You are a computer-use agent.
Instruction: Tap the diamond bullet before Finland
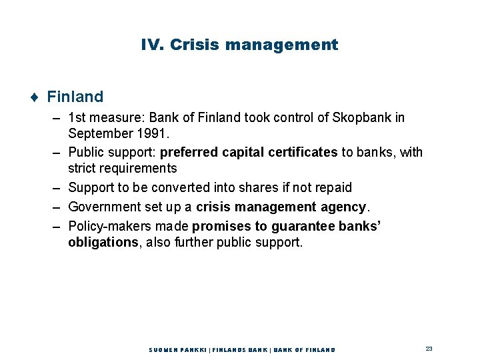point(33,97)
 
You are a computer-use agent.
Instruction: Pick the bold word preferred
point(189,153)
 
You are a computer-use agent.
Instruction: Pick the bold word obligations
point(103,242)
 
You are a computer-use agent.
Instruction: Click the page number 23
point(429,349)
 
